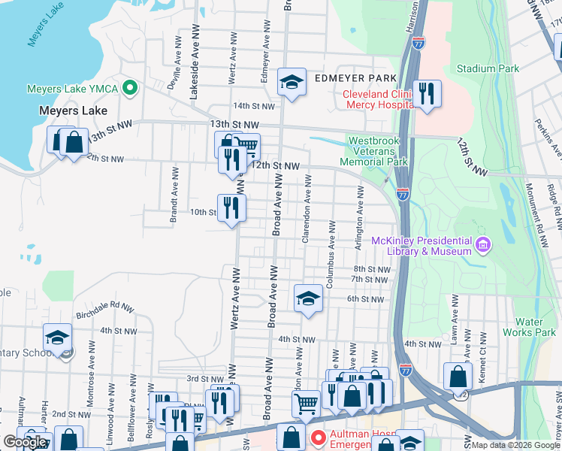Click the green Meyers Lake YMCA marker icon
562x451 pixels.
click(x=130, y=89)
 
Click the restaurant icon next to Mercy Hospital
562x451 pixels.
click(x=427, y=94)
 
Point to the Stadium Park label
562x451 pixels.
click(x=487, y=68)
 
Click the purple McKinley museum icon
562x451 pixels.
click(x=482, y=244)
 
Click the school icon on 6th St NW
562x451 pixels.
click(x=307, y=299)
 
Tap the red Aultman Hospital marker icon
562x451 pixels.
click(x=318, y=437)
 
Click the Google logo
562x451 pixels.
click(x=25, y=442)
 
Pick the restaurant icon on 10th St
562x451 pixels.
click(x=231, y=208)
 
